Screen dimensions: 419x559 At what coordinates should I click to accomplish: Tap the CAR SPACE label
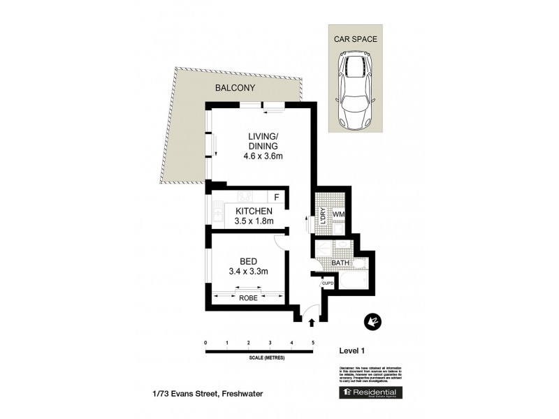(x=356, y=40)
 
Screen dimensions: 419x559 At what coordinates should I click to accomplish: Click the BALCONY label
(x=235, y=88)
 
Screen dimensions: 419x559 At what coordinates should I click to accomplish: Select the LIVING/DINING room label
(x=263, y=141)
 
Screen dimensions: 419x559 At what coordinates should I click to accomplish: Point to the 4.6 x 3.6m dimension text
(x=263, y=156)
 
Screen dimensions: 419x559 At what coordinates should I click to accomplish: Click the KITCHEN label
(x=254, y=211)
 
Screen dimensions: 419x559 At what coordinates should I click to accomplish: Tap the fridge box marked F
(x=277, y=197)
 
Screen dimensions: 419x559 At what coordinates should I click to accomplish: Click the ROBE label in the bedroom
(x=249, y=298)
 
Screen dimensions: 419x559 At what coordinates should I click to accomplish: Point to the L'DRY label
(x=322, y=215)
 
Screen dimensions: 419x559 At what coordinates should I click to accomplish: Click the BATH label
(x=340, y=263)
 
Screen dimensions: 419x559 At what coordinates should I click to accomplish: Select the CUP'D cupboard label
(x=328, y=284)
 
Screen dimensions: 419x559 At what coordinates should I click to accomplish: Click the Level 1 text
(x=353, y=351)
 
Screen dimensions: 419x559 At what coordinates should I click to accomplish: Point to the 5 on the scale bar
(x=313, y=343)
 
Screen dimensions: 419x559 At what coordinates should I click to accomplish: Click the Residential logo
(x=372, y=393)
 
